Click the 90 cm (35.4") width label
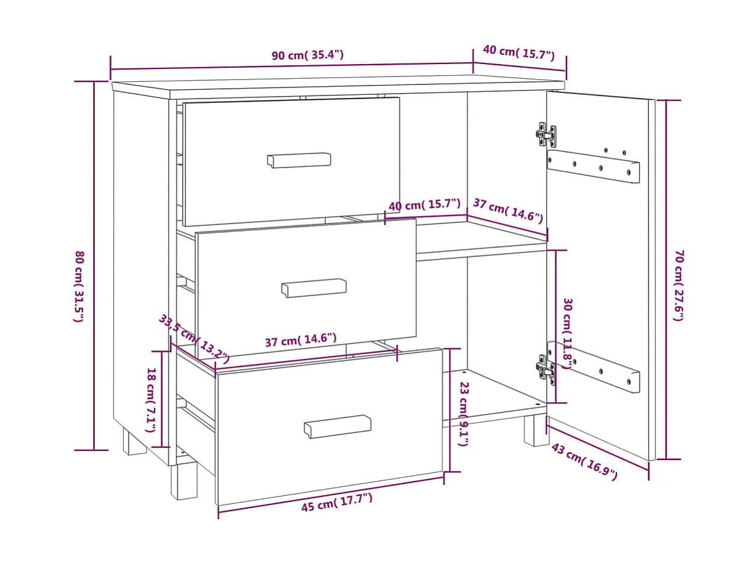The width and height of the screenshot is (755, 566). (x=307, y=55)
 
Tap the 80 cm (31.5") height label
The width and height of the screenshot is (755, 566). (x=79, y=286)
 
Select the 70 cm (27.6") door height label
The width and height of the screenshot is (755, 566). (x=679, y=285)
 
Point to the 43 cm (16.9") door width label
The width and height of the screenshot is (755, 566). (x=583, y=461)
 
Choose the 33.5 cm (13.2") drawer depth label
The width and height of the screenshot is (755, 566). (x=194, y=338)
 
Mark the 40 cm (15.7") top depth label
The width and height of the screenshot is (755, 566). (x=519, y=52)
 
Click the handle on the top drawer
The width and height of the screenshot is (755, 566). (x=299, y=160)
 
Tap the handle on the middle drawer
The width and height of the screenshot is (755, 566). (x=314, y=288)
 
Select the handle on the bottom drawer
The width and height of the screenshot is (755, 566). (x=337, y=426)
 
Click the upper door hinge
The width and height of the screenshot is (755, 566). (x=546, y=134)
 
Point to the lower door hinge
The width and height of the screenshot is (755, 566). (x=545, y=368)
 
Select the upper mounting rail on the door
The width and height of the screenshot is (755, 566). (x=592, y=166)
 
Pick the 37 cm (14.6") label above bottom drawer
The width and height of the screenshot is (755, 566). (x=301, y=340)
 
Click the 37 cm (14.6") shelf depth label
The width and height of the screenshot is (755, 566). (x=507, y=210)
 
